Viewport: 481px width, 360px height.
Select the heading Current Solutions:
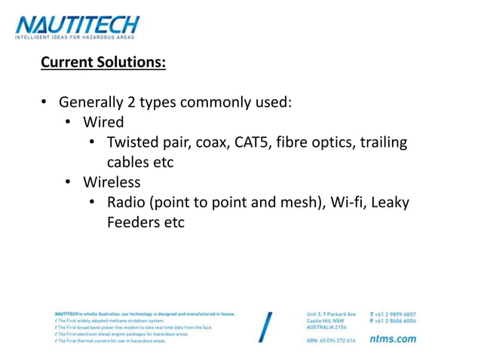pyautogui.click(x=103, y=62)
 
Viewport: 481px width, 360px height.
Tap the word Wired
pyautogui.click(x=103, y=122)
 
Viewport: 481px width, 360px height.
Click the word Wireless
pyautogui.click(x=112, y=182)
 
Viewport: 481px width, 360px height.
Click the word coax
pyautogui.click(x=213, y=142)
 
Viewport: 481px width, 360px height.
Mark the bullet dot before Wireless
pyautogui.click(x=68, y=182)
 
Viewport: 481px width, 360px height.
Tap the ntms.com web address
pyautogui.click(x=393, y=339)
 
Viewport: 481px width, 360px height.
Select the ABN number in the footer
pyautogui.click(x=331, y=340)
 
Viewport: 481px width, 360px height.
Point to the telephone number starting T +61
pyautogui.click(x=393, y=313)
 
